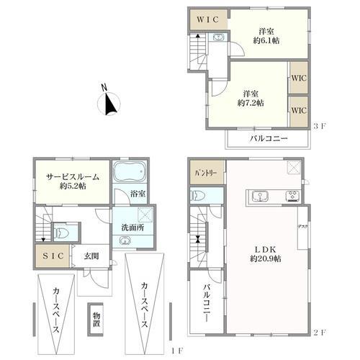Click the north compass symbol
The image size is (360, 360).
(109, 103)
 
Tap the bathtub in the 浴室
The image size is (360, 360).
(130, 171)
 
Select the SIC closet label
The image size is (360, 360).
(53, 256)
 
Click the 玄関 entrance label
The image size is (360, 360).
(91, 256)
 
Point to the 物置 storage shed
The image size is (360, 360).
(96, 320)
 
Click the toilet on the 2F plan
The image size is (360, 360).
(197, 196)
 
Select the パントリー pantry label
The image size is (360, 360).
(207, 174)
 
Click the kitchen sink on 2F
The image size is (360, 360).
(260, 197)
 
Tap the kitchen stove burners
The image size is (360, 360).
(292, 197)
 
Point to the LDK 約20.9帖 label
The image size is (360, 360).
(266, 254)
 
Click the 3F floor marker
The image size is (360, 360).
(319, 126)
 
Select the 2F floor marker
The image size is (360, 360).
(319, 333)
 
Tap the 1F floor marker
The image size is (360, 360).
(177, 351)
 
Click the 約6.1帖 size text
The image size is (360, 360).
(266, 40)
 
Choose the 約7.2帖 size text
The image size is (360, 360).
(251, 103)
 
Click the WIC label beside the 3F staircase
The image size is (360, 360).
(208, 19)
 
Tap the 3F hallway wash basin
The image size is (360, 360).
(218, 37)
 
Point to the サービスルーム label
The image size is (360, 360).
(73, 177)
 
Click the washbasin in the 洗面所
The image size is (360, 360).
(124, 240)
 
